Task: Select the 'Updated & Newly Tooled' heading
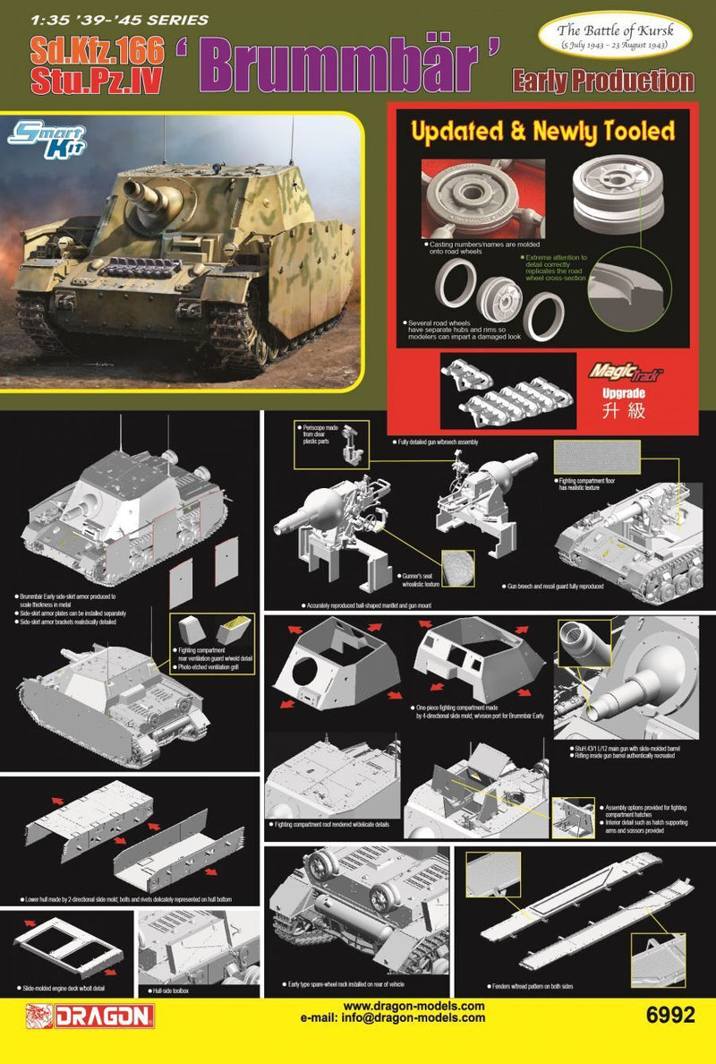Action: point(541,131)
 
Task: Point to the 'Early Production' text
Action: point(602,82)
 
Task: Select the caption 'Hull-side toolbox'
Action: point(172,991)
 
